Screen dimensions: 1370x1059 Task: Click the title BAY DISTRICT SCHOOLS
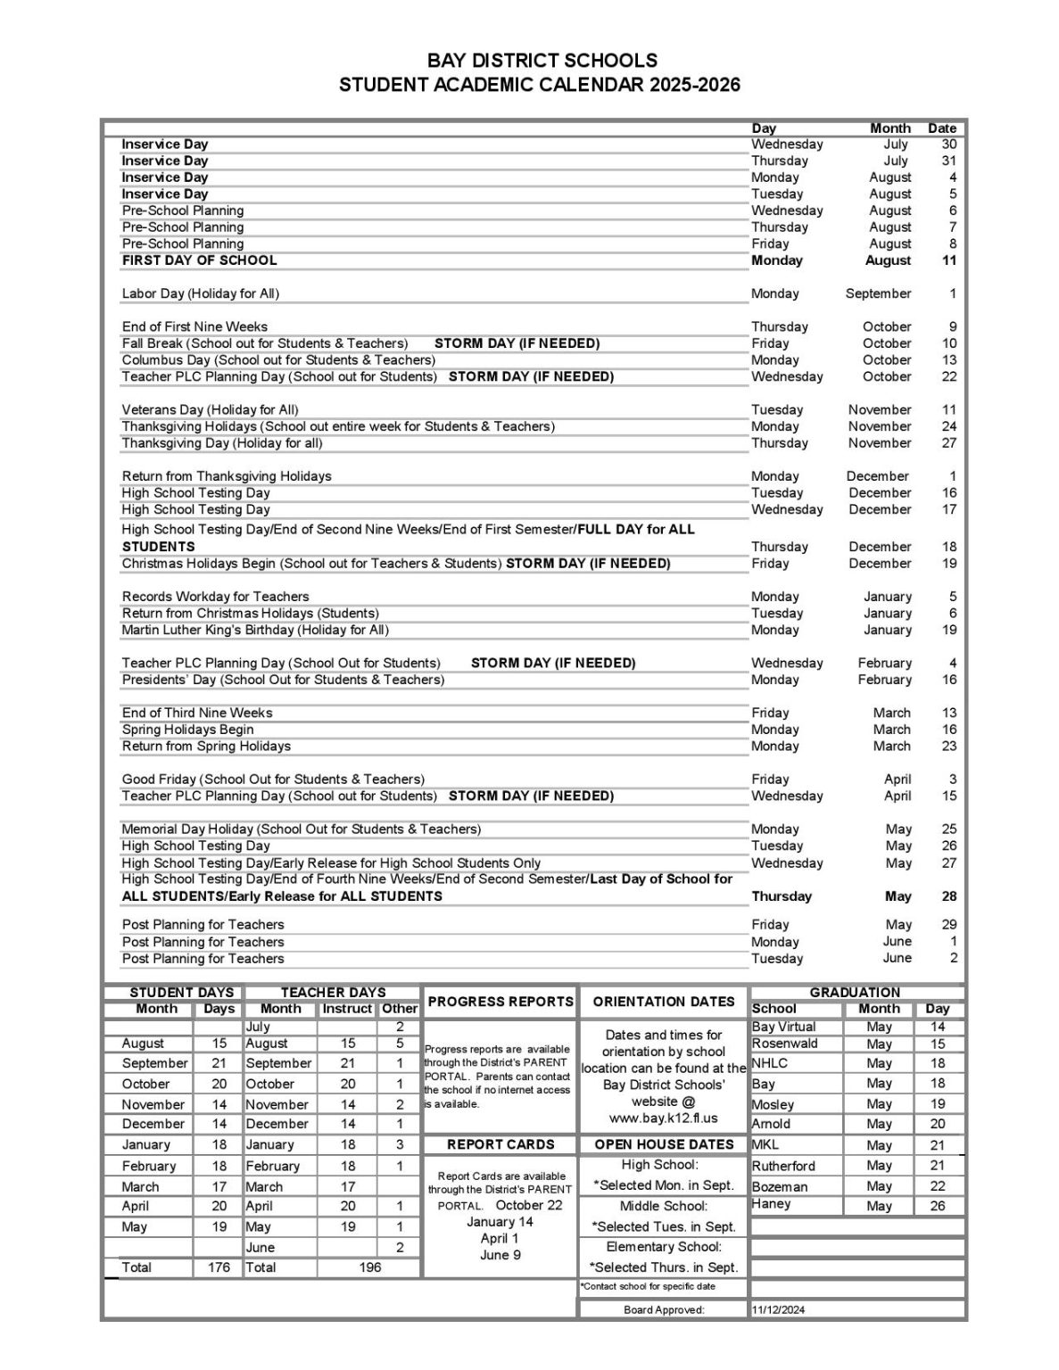click(x=542, y=61)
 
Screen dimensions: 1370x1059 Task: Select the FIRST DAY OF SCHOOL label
click(x=199, y=260)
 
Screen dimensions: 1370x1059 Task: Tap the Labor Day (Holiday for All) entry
click(x=201, y=293)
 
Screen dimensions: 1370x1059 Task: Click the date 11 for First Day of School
click(x=948, y=260)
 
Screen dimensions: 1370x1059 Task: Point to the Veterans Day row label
click(x=210, y=409)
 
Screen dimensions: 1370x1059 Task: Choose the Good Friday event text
click(x=273, y=779)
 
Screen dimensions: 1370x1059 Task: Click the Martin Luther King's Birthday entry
click(x=255, y=630)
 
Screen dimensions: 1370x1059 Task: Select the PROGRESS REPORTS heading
click(x=501, y=1002)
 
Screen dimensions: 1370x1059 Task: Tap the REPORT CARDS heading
click(x=501, y=1144)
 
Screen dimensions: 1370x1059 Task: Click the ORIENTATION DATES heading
click(x=664, y=1002)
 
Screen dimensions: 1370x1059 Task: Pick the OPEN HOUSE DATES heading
click(x=664, y=1144)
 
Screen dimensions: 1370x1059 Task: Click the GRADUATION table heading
click(x=855, y=992)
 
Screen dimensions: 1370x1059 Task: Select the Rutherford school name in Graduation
click(x=783, y=1166)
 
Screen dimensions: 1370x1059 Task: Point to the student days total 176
click(x=219, y=1267)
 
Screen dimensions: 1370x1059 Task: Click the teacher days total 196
click(x=369, y=1267)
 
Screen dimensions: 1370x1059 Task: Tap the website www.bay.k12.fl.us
click(x=663, y=1118)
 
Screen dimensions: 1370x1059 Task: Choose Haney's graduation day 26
click(x=937, y=1206)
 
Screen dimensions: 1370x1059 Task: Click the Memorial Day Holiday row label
click(x=301, y=829)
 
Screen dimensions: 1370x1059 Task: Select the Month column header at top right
click(x=889, y=128)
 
